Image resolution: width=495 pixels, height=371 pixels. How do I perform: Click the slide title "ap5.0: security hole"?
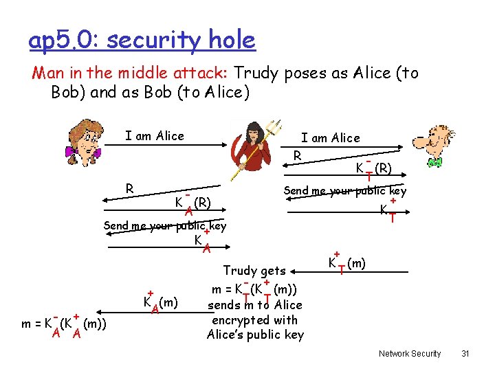coord(142,41)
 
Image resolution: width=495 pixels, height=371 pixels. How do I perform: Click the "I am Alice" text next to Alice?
coord(155,136)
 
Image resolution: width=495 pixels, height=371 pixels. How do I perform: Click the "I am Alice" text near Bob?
coord(330,138)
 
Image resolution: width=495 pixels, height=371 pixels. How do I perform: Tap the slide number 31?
coord(465,353)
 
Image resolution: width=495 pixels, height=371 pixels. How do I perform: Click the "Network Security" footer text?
coord(410,353)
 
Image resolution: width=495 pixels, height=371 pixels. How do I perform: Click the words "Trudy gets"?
coord(254,271)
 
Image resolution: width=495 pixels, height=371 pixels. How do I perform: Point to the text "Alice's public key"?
coord(255,335)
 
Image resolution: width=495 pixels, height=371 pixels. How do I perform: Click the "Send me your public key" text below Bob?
coord(345,191)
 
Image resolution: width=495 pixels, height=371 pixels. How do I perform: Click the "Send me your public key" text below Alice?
coord(164,226)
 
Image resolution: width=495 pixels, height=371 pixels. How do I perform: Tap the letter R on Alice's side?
coord(128,188)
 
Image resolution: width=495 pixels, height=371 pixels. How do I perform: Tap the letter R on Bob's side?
coord(297,155)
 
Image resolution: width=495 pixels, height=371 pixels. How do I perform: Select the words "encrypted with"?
coord(254,319)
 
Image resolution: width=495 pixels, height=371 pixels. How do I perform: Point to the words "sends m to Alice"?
coord(255,304)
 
